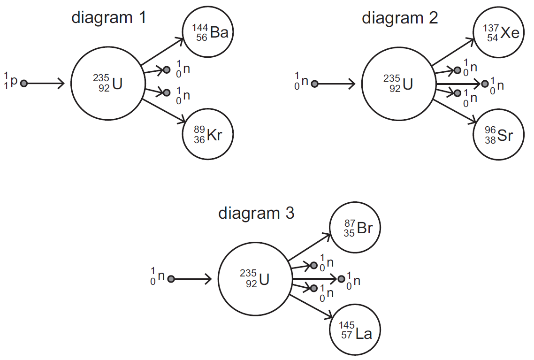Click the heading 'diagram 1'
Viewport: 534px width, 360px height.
point(108,18)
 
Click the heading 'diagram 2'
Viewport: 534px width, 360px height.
point(400,18)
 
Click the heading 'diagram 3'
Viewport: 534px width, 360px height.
point(256,213)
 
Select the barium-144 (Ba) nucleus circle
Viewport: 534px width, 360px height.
point(208,33)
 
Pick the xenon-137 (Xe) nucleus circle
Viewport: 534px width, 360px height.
point(499,33)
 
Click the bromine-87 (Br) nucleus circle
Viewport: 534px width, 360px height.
point(356,228)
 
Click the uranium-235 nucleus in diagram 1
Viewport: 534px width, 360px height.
point(106,84)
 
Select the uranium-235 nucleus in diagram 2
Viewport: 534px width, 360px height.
point(397,84)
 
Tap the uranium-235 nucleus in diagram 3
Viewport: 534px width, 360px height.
point(254,279)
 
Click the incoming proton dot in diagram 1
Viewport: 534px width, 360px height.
point(24,84)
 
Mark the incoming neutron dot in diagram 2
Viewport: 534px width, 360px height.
point(315,84)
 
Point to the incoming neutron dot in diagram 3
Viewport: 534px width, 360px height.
point(171,279)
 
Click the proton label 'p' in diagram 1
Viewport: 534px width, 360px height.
point(14,80)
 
